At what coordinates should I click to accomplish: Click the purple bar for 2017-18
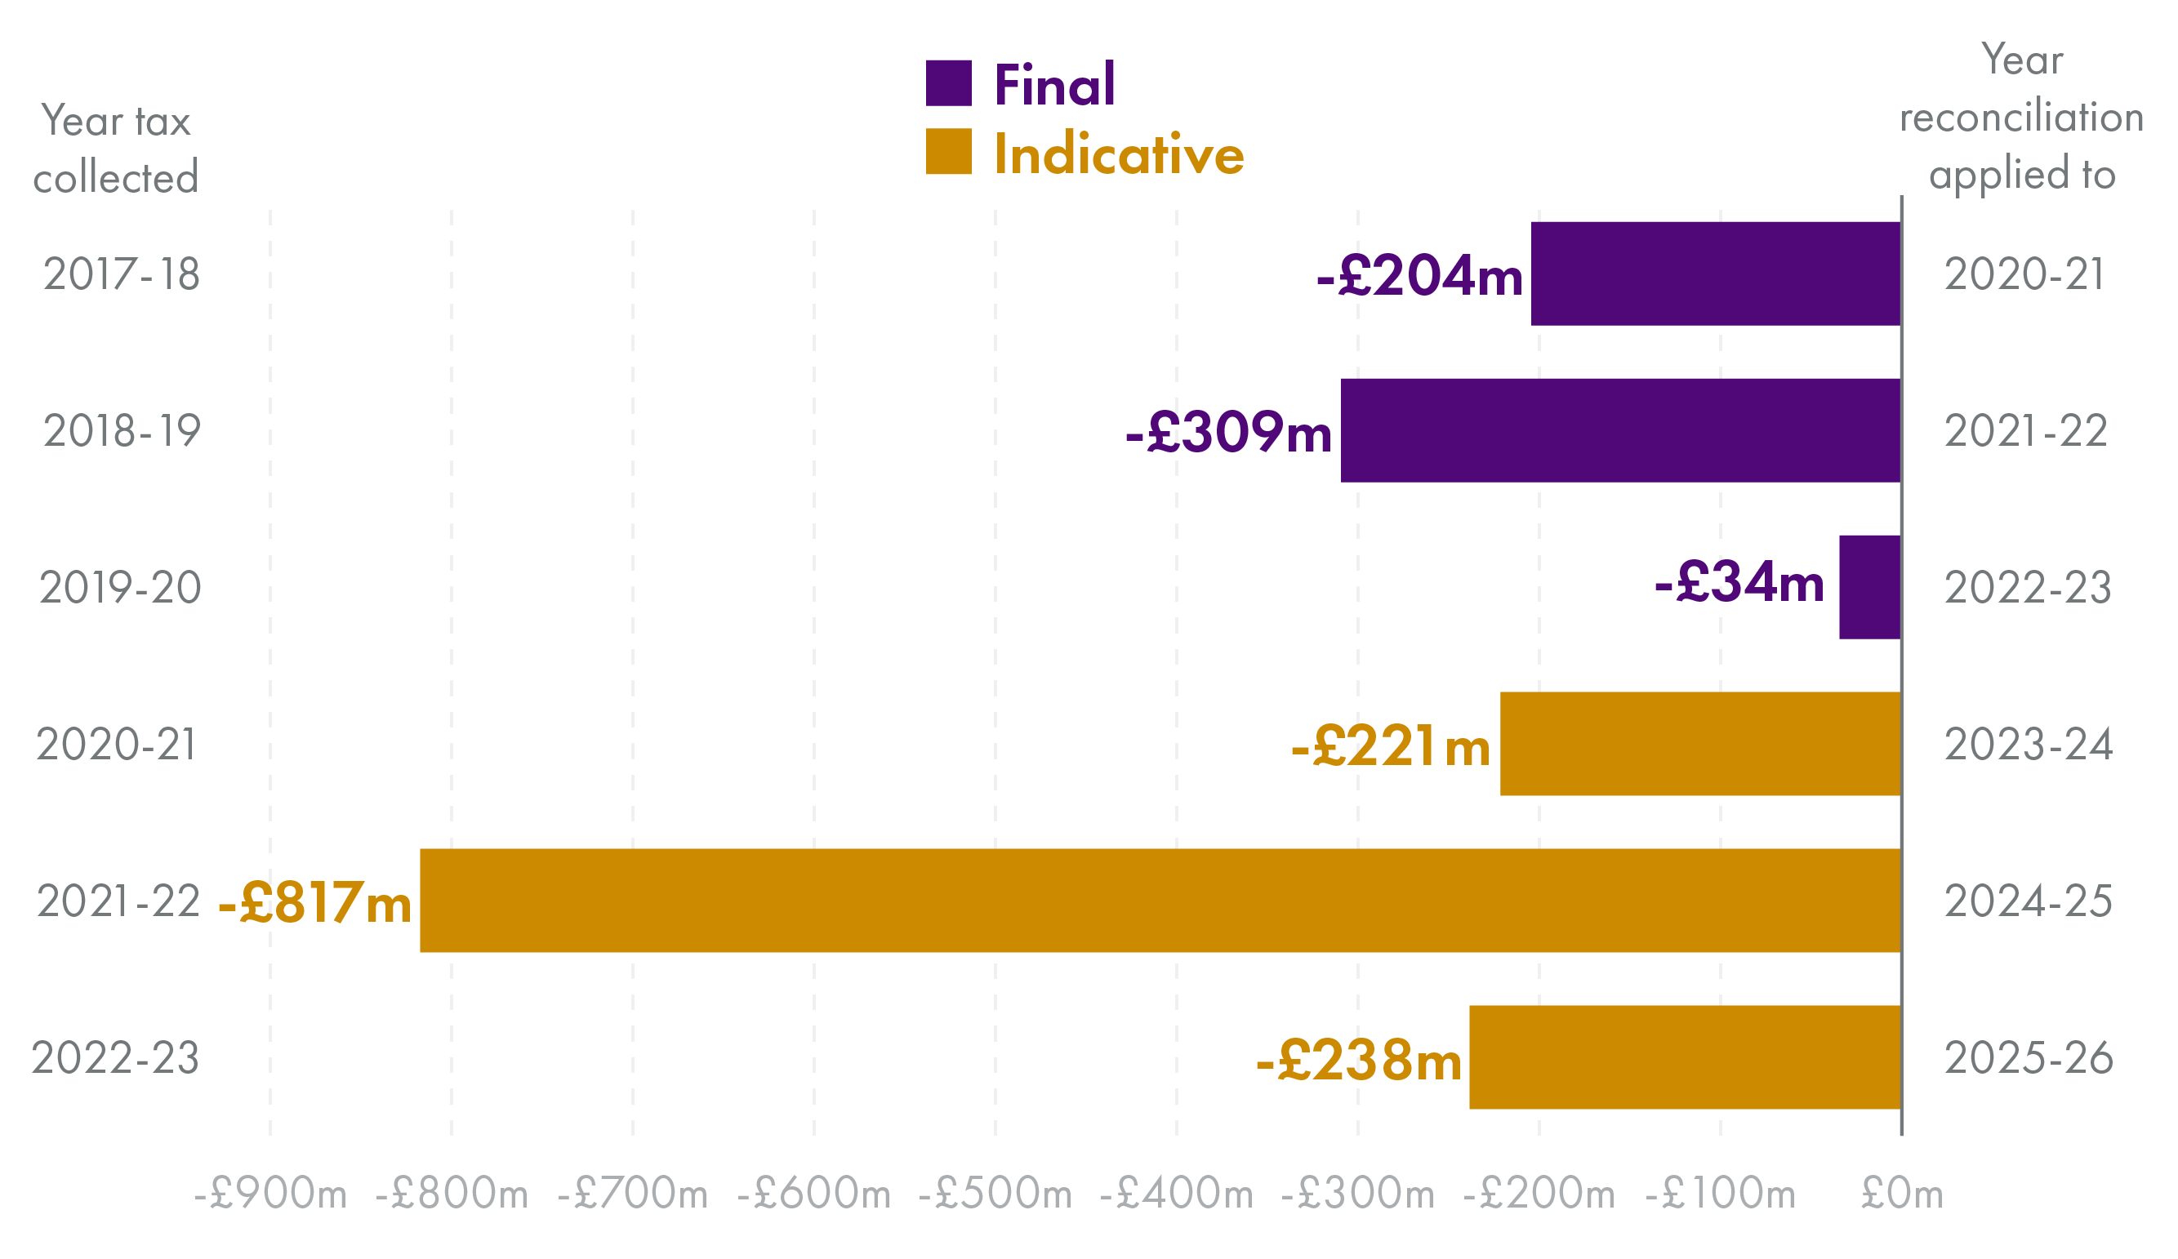(1715, 274)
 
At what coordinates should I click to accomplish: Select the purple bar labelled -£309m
(1619, 430)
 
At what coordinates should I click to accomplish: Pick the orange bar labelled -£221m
(1699, 744)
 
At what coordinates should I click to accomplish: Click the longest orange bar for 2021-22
(1160, 901)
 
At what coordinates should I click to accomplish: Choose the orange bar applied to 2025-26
(1685, 1057)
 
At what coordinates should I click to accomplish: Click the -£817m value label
(314, 904)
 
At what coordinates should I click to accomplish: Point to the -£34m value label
(1738, 583)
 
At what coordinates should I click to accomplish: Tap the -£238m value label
(1358, 1061)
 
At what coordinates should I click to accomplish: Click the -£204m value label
(1419, 277)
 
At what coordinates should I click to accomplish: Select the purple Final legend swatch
(948, 83)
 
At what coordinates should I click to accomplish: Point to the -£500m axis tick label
(995, 1194)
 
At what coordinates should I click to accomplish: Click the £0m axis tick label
(1901, 1194)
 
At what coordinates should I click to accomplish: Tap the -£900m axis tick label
(270, 1194)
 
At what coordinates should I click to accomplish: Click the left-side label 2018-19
(122, 431)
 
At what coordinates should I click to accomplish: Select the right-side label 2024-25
(2028, 901)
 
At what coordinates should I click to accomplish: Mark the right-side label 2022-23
(2028, 589)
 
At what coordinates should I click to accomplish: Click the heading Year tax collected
(116, 149)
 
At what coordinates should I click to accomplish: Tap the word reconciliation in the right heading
(2020, 118)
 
